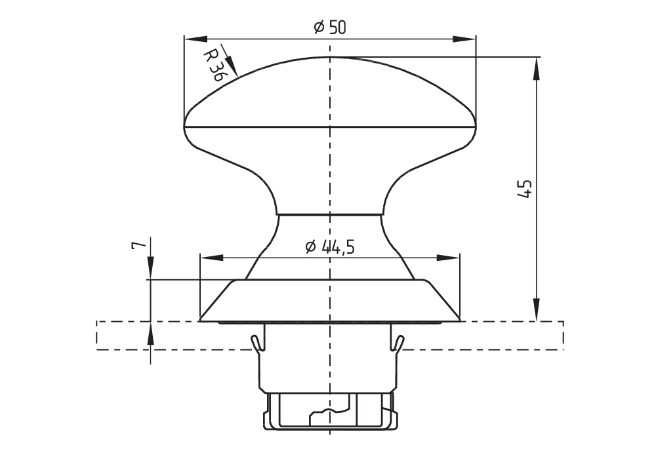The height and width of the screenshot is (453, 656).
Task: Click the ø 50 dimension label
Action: coord(330,28)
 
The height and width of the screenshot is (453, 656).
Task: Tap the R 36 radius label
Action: coord(215,66)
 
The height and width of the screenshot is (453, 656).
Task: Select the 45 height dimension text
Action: coord(524,189)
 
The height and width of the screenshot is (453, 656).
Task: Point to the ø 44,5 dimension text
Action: coord(330,246)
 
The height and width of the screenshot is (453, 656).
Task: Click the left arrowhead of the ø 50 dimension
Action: coord(195,39)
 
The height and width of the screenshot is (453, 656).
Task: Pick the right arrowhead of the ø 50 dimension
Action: coord(464,39)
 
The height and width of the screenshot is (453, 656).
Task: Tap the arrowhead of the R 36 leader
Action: coord(232,68)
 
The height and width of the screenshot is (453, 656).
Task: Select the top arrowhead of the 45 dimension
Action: coord(537,68)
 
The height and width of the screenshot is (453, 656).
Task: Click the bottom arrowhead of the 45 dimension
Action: coord(537,310)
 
